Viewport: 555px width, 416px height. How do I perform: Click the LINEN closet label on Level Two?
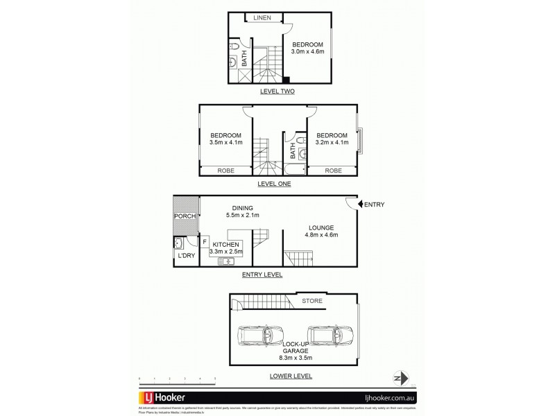(x=262, y=18)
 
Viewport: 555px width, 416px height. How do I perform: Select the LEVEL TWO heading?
(x=277, y=91)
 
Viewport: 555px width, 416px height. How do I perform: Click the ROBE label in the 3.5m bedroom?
(x=225, y=170)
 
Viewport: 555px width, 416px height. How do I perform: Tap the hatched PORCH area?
(x=185, y=215)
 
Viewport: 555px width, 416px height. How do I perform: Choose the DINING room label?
(x=242, y=207)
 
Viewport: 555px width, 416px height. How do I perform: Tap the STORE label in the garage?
(x=312, y=301)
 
